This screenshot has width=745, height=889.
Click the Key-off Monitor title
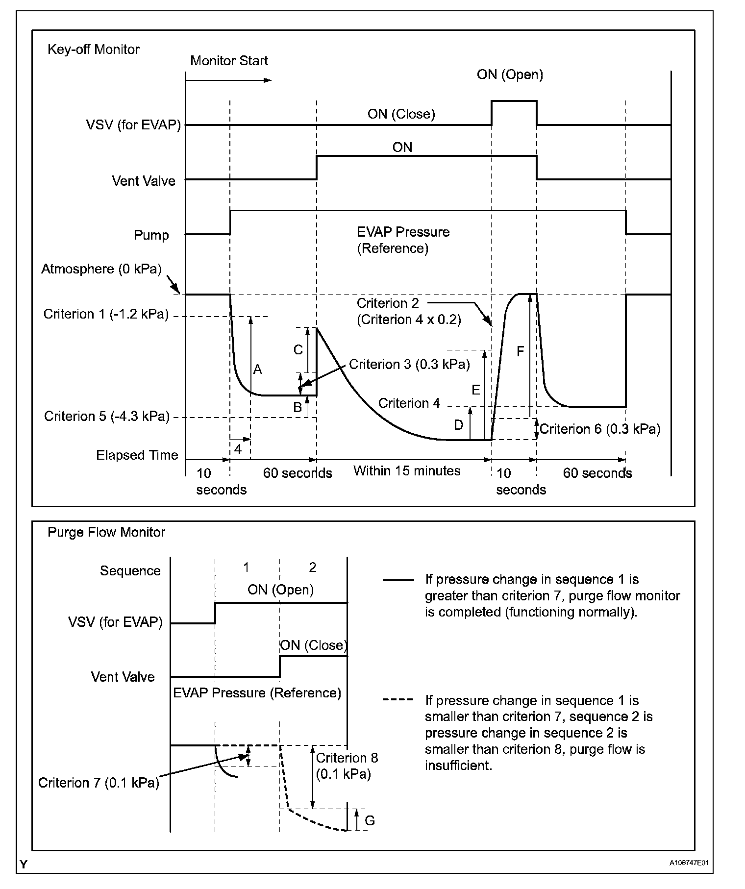click(x=93, y=49)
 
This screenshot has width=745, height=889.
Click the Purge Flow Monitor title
click(x=106, y=532)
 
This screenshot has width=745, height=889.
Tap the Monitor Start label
click(x=229, y=61)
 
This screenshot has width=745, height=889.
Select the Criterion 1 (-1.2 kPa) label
click(x=106, y=314)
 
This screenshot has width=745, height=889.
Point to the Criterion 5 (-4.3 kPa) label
click(x=107, y=417)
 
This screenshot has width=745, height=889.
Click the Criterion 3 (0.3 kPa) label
click(x=409, y=365)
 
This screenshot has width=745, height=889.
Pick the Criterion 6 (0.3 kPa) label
click(x=600, y=429)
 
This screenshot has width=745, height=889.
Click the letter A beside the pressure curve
click(x=257, y=370)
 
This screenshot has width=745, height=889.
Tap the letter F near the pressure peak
click(x=521, y=351)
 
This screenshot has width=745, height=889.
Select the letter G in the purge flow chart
click(x=370, y=820)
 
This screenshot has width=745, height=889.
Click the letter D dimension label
click(x=458, y=425)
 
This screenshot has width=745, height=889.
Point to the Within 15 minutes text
click(x=407, y=471)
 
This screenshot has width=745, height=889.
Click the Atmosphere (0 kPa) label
click(x=101, y=269)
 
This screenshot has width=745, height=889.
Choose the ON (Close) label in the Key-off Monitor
click(x=401, y=114)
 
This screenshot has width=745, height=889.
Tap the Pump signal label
click(x=151, y=235)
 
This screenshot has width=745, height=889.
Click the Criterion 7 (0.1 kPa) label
click(x=99, y=783)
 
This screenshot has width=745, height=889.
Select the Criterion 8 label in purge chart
click(x=347, y=758)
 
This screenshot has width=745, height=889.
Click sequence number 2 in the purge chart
click(x=313, y=568)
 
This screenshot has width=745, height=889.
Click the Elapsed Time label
click(x=137, y=455)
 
